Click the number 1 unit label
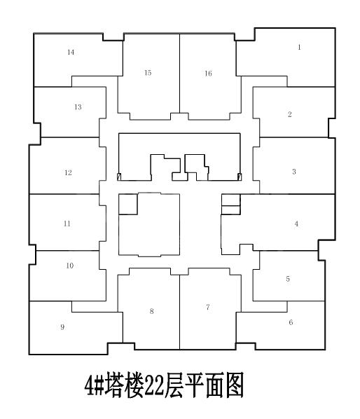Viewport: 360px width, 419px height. [299, 48]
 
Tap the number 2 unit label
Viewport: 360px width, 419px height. [290, 114]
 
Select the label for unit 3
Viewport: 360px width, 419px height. [294, 172]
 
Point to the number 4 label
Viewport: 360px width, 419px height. [296, 224]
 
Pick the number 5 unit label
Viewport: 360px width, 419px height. [288, 279]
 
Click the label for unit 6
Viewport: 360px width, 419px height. [291, 322]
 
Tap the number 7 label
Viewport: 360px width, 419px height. [208, 307]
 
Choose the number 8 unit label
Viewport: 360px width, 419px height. [152, 311]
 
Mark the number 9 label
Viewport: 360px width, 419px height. [62, 327]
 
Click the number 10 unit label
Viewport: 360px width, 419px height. [70, 266]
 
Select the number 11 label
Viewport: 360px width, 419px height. [67, 224]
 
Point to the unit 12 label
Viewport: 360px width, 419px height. [68, 172]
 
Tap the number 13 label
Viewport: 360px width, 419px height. [78, 107]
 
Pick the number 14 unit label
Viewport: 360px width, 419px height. [71, 52]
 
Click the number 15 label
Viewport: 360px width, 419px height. [148, 73]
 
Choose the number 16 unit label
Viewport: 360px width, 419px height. [208, 73]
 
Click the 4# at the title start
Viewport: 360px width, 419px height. [94, 386]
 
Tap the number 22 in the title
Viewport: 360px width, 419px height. [154, 386]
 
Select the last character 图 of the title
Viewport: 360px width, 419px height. [234, 385]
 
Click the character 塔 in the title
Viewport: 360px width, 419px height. [114, 385]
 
